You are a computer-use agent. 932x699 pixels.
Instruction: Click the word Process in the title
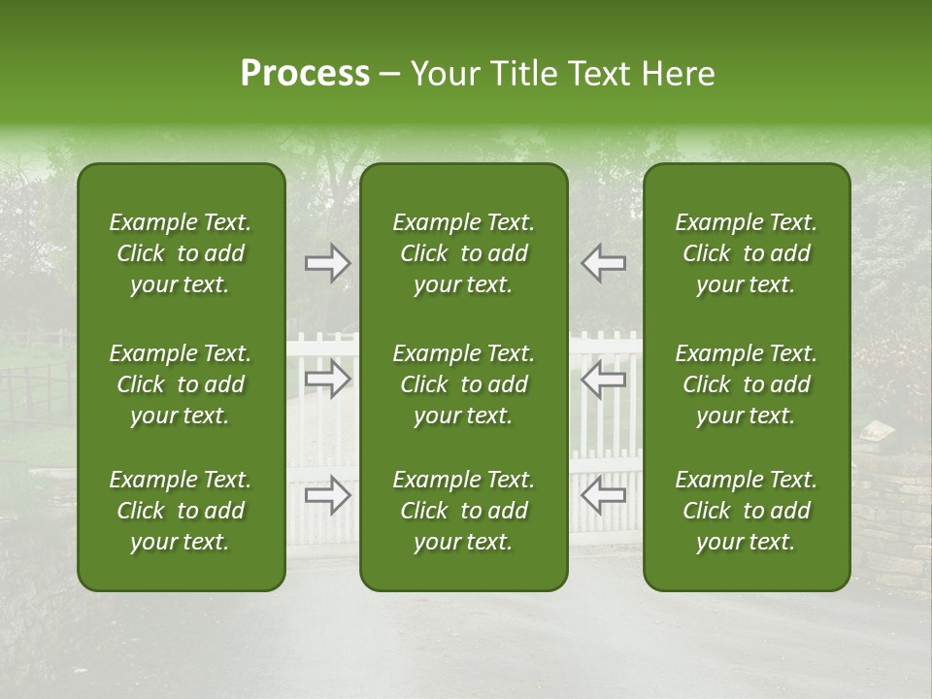[x=305, y=74]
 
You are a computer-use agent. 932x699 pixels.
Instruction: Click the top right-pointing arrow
[x=327, y=263]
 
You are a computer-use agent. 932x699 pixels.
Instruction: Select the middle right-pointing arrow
[x=327, y=379]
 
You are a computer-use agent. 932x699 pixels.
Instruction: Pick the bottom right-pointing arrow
[x=327, y=495]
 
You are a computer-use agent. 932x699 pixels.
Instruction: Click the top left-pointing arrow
[x=604, y=263]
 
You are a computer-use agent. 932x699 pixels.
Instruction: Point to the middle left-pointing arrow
[x=604, y=379]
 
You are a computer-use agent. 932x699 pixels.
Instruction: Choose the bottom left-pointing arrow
[x=604, y=495]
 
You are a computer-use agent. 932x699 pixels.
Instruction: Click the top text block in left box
[x=181, y=253]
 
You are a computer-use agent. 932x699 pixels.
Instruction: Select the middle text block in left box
[x=181, y=384]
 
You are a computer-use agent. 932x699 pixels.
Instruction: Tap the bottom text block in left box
[x=181, y=511]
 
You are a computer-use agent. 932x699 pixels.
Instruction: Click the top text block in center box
[x=463, y=253]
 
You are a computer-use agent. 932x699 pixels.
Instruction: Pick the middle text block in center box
[x=463, y=384]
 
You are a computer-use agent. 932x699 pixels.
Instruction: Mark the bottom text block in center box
[x=463, y=511]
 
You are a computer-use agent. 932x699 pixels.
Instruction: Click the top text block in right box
[x=746, y=253]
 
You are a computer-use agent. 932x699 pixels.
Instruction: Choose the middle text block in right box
[x=746, y=384]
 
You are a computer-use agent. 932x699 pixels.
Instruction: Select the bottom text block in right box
[x=746, y=511]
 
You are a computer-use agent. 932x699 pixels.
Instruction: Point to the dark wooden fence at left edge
[x=37, y=388]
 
